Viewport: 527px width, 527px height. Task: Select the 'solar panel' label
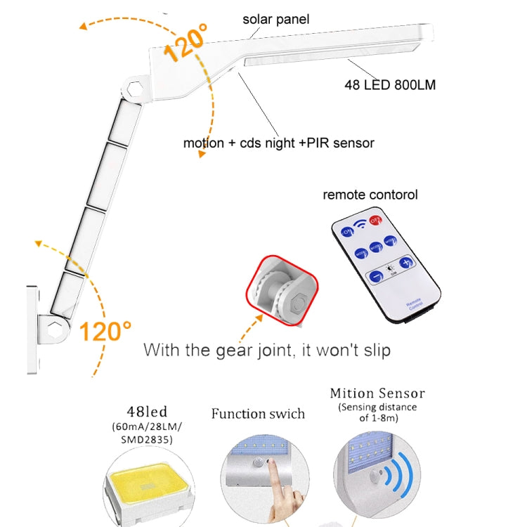[276, 19]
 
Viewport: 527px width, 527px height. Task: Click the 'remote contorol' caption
[370, 195]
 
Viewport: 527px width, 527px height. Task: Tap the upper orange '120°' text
[186, 44]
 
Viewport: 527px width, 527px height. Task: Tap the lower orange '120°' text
[105, 330]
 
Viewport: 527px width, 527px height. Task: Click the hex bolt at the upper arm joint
[138, 90]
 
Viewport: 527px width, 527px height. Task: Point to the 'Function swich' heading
[258, 413]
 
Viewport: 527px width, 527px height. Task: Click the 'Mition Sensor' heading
[377, 393]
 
